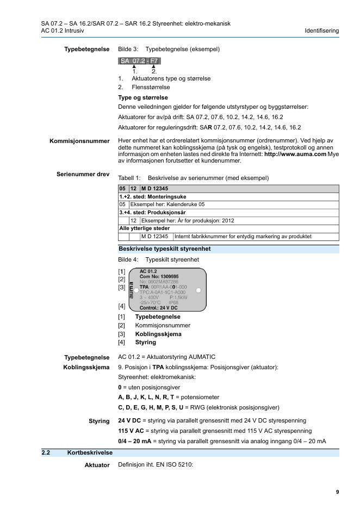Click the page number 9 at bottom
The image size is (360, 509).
pyautogui.click(x=337, y=492)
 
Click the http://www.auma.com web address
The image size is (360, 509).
pyautogui.click(x=295, y=154)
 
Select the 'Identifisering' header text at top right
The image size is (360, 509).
pyautogui.click(x=322, y=30)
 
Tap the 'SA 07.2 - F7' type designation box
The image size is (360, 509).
pyautogui.click(x=139, y=61)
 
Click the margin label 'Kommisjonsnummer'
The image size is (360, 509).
pyautogui.click(x=79, y=141)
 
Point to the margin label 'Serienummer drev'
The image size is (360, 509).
pyautogui.click(x=83, y=175)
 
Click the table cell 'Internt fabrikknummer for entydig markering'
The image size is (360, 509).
pyautogui.click(x=243, y=237)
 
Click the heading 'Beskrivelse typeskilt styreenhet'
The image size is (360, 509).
pyautogui.click(x=165, y=249)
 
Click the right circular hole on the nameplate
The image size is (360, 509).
pyautogui.click(x=198, y=290)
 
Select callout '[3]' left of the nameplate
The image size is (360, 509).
pyautogui.click(x=122, y=287)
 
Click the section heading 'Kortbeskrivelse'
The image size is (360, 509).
pyautogui.click(x=90, y=452)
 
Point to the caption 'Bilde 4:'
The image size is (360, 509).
pyautogui.click(x=128, y=260)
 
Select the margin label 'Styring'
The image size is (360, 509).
pyautogui.click(x=99, y=421)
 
